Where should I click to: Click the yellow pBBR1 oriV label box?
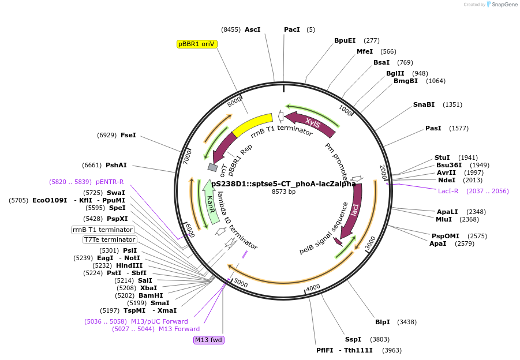pyautogui.click(x=196, y=44)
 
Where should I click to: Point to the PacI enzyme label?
pyautogui.click(x=291, y=29)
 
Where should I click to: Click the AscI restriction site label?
pyautogui.click(x=253, y=29)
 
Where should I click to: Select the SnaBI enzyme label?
pyautogui.click(x=424, y=104)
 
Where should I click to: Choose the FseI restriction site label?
pyautogui.click(x=128, y=135)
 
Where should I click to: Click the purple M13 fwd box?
pyautogui.click(x=208, y=340)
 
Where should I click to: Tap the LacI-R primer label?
pyautogui.click(x=448, y=191)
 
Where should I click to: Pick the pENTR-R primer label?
pyautogui.click(x=110, y=182)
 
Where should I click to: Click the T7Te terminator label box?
pyautogui.click(x=110, y=239)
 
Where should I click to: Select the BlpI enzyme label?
pyautogui.click(x=383, y=322)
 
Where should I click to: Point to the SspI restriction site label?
pyautogui.click(x=353, y=339)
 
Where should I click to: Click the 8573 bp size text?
pyautogui.click(x=283, y=192)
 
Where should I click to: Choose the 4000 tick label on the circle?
pyautogui.click(x=313, y=287)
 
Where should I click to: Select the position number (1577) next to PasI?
pyautogui.click(x=459, y=128)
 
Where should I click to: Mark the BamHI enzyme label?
pyautogui.click(x=151, y=295)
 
